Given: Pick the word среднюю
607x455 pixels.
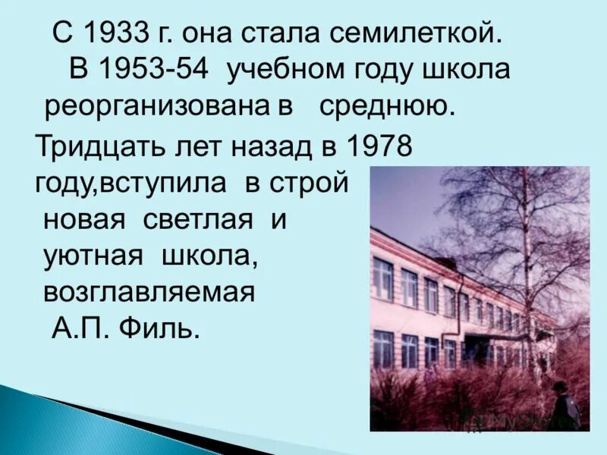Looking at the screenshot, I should point(386,106).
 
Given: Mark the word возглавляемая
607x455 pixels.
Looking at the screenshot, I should point(148,292).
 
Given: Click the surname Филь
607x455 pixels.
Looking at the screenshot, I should point(163,328).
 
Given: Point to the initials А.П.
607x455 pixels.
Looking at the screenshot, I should point(80,328).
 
